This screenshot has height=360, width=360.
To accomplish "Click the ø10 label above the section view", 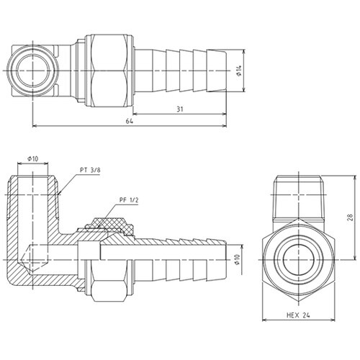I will pos(32,158).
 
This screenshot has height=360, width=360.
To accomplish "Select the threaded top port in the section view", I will pos(33,191).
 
